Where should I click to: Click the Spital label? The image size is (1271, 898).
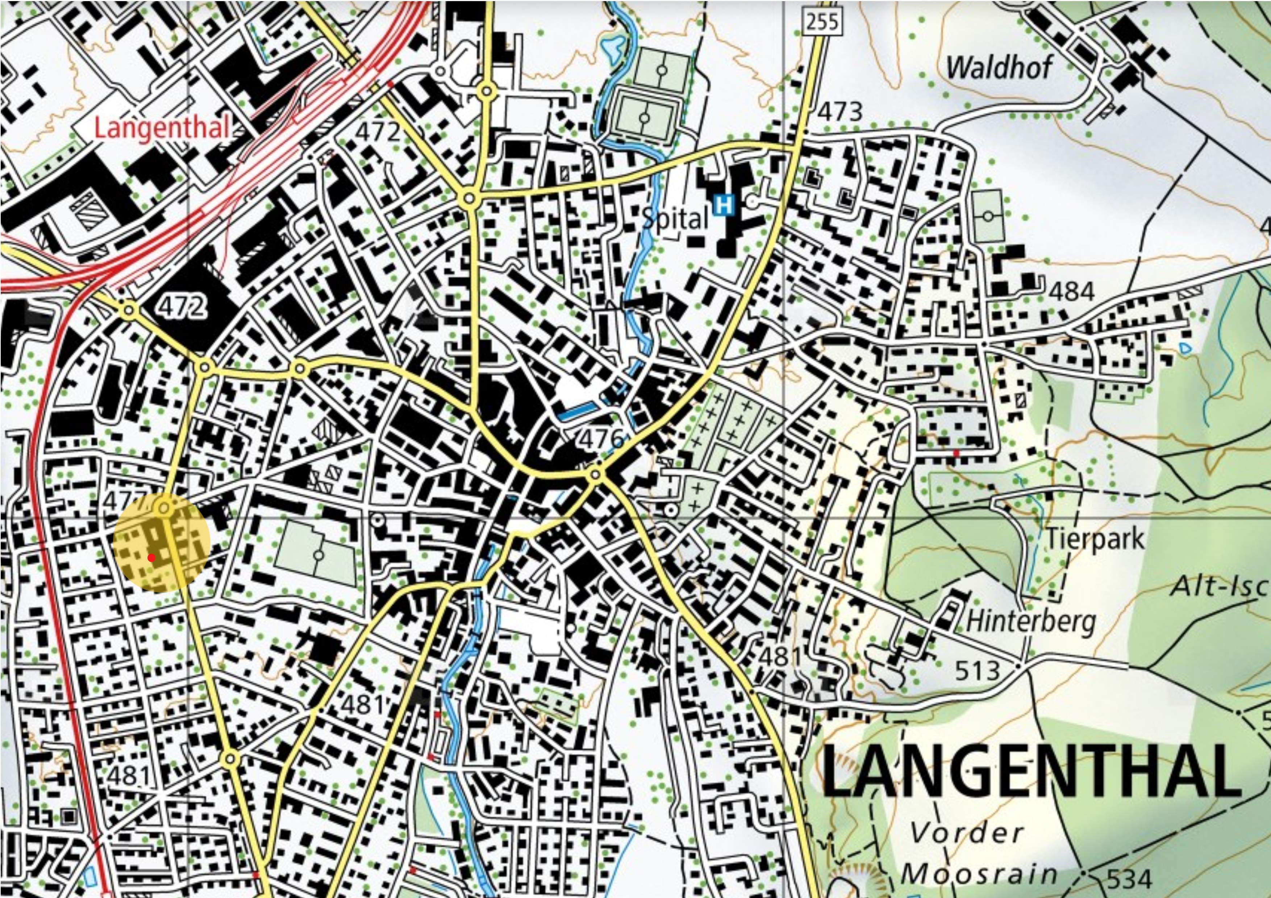pyautogui.click(x=675, y=219)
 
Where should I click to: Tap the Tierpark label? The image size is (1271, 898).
pyautogui.click(x=1095, y=538)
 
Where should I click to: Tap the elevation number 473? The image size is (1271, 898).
pyautogui.click(x=840, y=112)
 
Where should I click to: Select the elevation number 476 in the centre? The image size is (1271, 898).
pyautogui.click(x=602, y=439)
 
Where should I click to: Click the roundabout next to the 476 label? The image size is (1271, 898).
pyautogui.click(x=596, y=475)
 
